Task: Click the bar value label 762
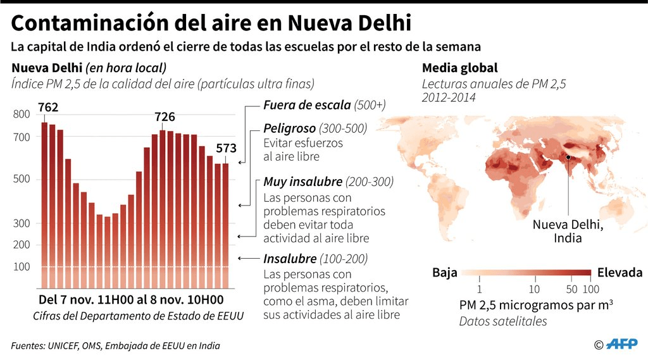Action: pyautogui.click(x=49, y=107)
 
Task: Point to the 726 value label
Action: pyautogui.click(x=165, y=117)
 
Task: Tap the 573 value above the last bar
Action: pyautogui.click(x=226, y=149)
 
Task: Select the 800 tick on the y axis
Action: pyautogui.click(x=22, y=115)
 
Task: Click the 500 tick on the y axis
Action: pyautogui.click(x=22, y=179)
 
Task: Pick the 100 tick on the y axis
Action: pyautogui.click(x=22, y=267)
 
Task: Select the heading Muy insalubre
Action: pyautogui.click(x=303, y=182)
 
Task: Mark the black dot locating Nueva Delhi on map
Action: pyautogui.click(x=568, y=157)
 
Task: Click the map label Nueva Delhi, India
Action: pyautogui.click(x=567, y=231)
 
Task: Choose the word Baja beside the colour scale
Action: pyautogui.click(x=444, y=273)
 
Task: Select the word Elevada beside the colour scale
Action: pyautogui.click(x=619, y=273)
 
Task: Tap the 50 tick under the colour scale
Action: pyautogui.click(x=571, y=289)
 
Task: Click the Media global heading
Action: pyautogui.click(x=459, y=68)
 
